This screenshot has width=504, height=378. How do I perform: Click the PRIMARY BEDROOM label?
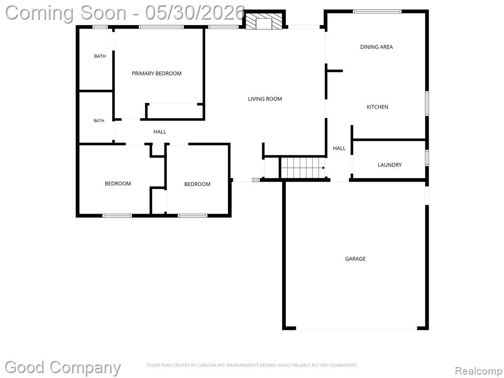[x=157, y=73]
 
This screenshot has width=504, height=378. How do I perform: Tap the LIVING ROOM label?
[x=265, y=99]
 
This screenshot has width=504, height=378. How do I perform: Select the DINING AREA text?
[x=377, y=47]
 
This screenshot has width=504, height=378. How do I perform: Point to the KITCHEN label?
[x=378, y=107]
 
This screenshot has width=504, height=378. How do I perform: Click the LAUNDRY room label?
[x=390, y=165]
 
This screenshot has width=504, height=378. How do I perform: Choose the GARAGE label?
[x=355, y=259]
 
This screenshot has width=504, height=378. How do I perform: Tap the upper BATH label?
[x=99, y=56]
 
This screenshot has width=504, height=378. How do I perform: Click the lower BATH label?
[x=98, y=121]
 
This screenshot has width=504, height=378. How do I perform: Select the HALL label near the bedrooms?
[x=160, y=132]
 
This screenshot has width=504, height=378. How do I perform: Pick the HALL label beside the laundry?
[x=339, y=148]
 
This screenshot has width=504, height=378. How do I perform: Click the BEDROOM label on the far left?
[x=118, y=184]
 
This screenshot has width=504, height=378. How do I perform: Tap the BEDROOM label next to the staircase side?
[x=197, y=184]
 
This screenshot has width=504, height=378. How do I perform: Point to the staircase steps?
[x=303, y=167]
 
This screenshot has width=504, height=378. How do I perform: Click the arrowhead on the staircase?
[x=323, y=168]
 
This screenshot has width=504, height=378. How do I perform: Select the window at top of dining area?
[x=377, y=12]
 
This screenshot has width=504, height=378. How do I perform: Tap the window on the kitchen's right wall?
[x=427, y=103]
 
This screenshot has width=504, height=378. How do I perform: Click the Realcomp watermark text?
[x=478, y=371]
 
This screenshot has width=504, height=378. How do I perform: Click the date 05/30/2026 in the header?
[x=195, y=13]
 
